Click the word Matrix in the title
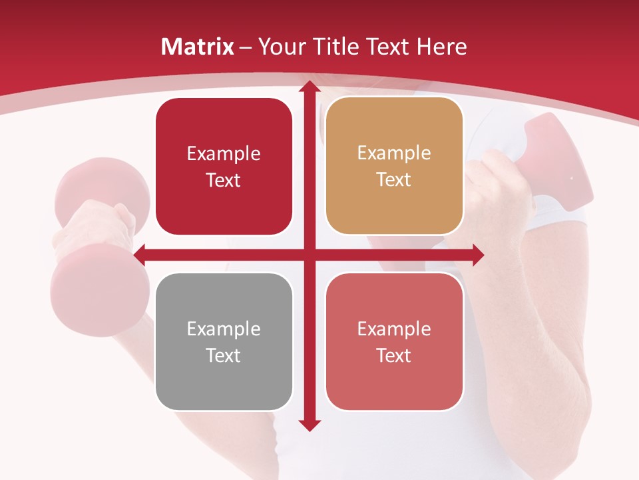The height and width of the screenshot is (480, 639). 198,47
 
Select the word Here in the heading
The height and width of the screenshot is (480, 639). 441,47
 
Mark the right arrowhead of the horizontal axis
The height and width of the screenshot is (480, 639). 478,255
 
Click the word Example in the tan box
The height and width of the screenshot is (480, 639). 394,153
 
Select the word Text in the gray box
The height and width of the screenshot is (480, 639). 224,355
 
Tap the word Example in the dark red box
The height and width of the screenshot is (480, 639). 224,154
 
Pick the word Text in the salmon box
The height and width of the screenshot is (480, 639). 394,355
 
